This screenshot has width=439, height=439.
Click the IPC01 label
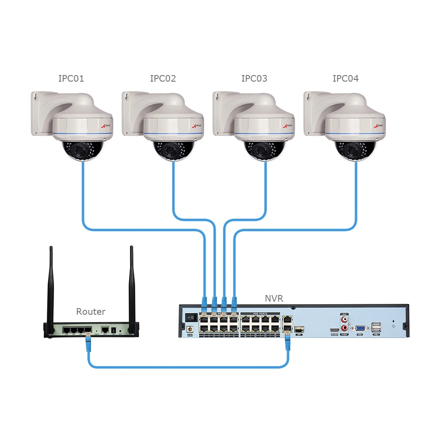71,79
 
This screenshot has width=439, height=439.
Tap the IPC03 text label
254,79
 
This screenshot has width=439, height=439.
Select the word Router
91,312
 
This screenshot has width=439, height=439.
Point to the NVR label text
274,299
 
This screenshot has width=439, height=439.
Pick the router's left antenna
51,285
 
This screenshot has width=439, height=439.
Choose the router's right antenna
131,285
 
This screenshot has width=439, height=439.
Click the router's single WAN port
105,329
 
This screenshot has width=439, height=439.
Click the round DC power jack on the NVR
191,328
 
